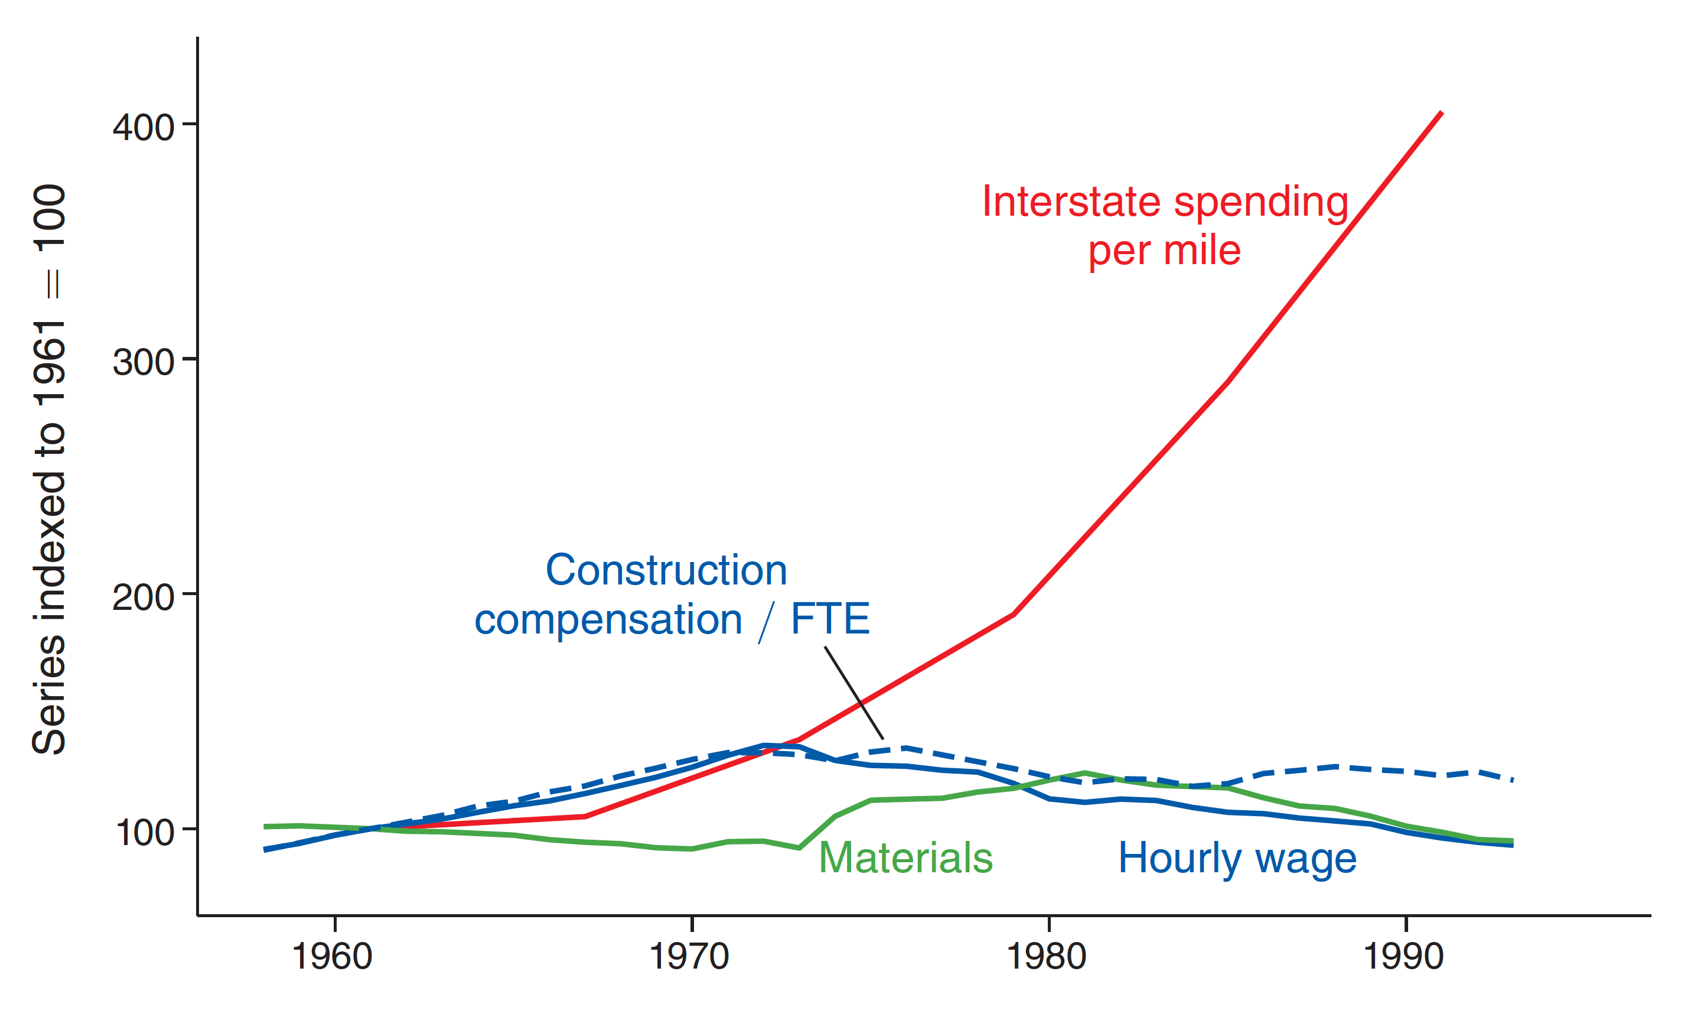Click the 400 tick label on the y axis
point(144,127)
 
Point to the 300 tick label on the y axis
point(144,362)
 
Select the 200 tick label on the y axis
point(144,597)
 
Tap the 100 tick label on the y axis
point(145,832)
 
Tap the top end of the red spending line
point(1441,113)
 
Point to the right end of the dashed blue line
point(1512,779)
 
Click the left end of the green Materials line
point(266,827)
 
